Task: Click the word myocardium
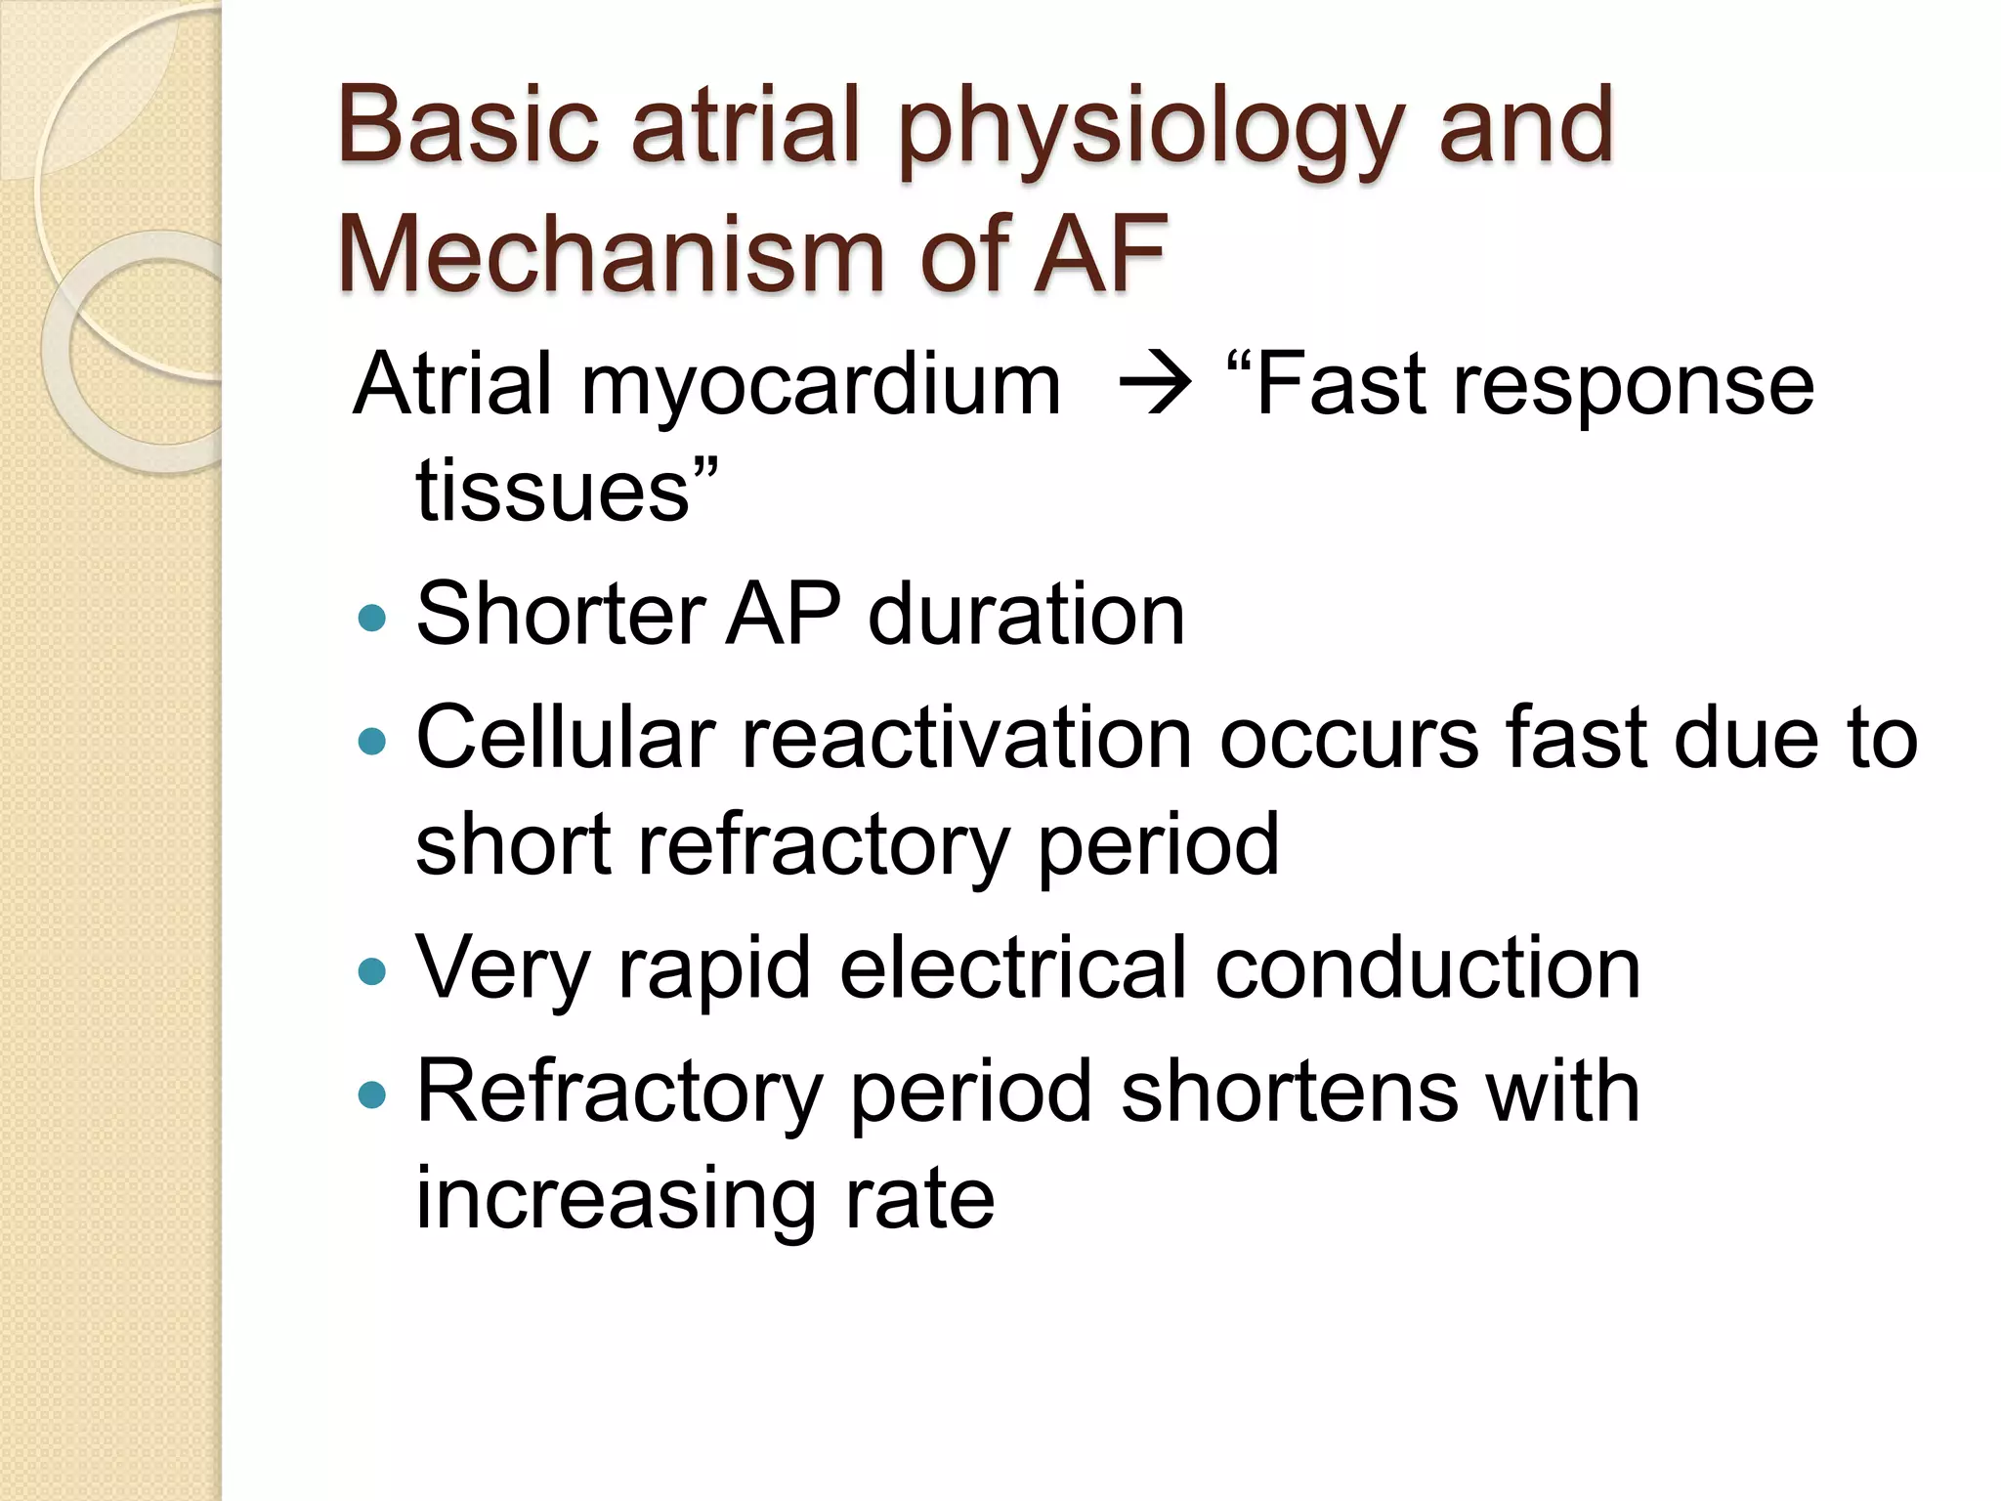pyautogui.click(x=821, y=386)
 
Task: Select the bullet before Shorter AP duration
pyautogui.click(x=372, y=618)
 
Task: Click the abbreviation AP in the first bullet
pyautogui.click(x=782, y=616)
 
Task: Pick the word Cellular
pyautogui.click(x=566, y=738)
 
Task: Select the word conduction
pyautogui.click(x=1427, y=967)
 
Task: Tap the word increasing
pyautogui.click(x=616, y=1200)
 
